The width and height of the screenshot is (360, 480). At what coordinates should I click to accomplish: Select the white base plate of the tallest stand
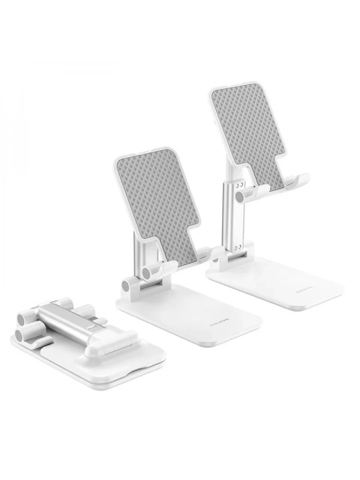pyautogui.click(x=276, y=282)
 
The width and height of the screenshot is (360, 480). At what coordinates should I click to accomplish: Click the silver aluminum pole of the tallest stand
pyautogui.click(x=231, y=216)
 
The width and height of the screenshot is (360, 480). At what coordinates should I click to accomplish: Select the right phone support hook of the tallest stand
pyautogui.click(x=297, y=180)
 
